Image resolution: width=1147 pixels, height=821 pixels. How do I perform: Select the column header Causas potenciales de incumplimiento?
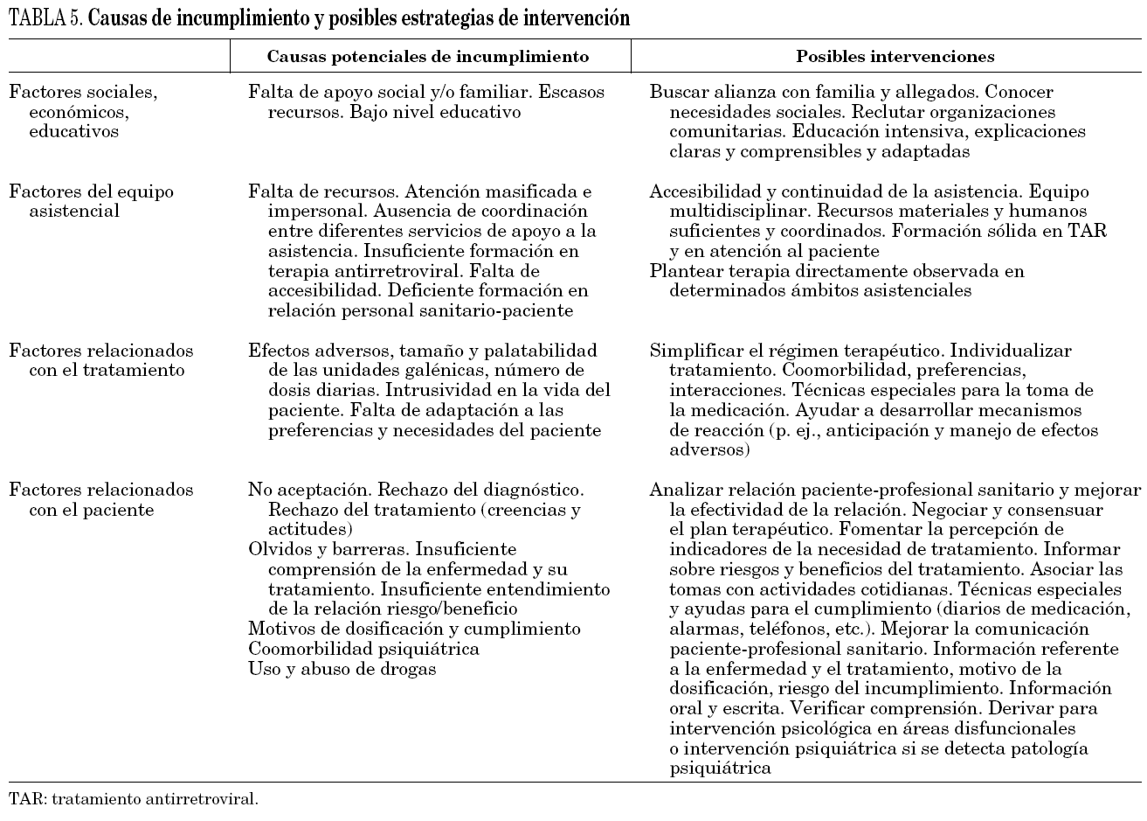[x=427, y=57]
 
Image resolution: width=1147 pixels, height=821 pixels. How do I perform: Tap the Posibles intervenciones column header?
[x=895, y=57]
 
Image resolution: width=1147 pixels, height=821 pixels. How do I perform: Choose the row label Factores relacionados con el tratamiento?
[x=100, y=360]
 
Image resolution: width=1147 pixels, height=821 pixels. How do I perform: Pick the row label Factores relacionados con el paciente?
[x=100, y=499]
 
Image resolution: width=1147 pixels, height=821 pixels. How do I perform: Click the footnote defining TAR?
[x=134, y=798]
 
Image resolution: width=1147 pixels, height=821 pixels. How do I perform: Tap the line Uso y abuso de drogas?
[x=342, y=669]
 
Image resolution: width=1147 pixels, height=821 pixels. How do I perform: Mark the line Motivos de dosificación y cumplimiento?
[x=414, y=629]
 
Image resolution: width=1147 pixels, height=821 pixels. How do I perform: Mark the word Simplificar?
[x=698, y=351]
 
